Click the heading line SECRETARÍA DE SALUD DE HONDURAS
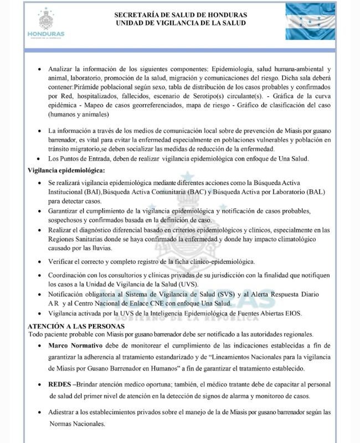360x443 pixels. (181, 15)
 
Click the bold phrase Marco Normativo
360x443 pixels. (75, 346)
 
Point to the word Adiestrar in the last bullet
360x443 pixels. (64, 413)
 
